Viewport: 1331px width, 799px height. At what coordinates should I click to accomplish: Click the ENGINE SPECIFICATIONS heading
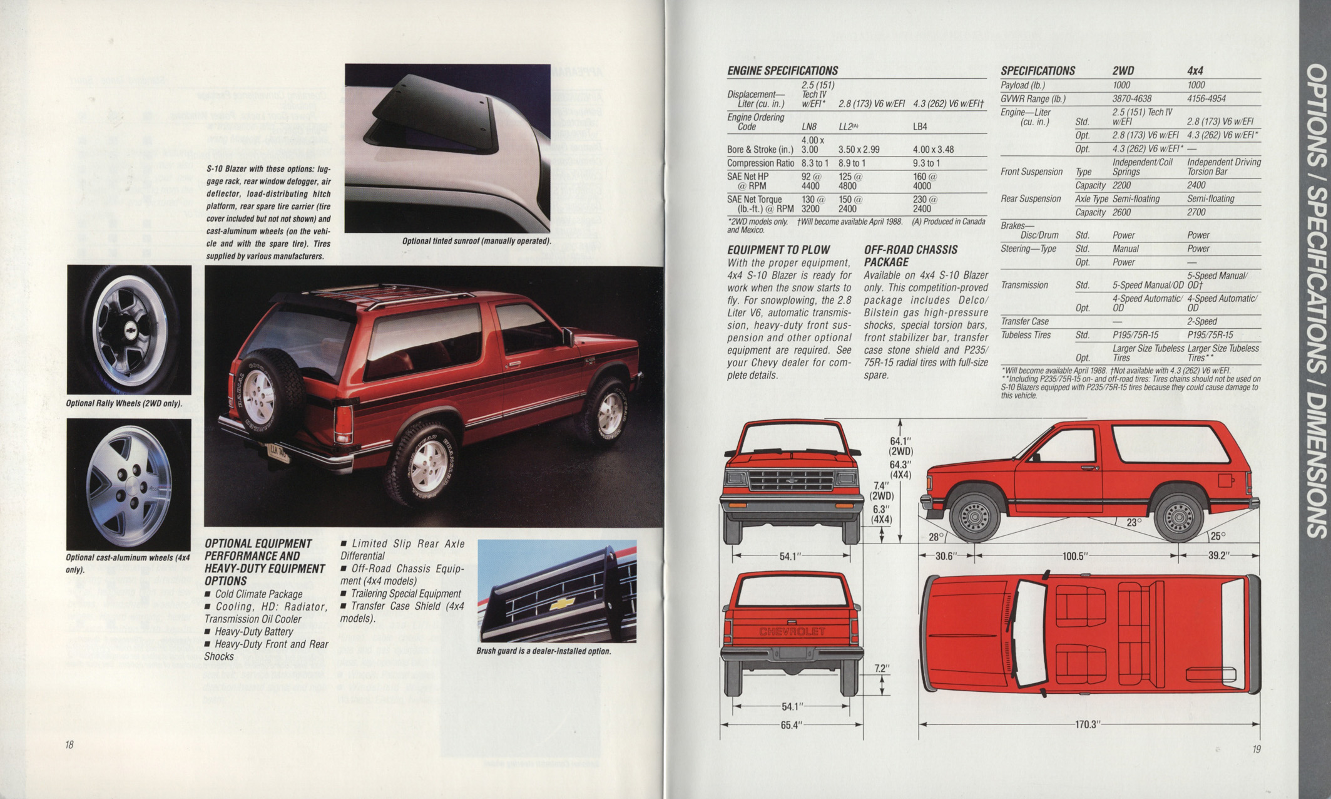coord(782,71)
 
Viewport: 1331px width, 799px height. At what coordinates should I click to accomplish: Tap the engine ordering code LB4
coord(920,126)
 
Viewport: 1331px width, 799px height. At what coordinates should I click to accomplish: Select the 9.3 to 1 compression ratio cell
coord(926,163)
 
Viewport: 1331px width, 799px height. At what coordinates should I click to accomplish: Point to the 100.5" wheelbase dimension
coord(1076,555)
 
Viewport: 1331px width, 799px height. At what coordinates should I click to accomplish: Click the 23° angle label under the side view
coord(1134,522)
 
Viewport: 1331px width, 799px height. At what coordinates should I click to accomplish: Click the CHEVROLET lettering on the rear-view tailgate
coord(792,631)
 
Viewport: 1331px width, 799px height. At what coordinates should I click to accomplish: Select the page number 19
coord(1257,749)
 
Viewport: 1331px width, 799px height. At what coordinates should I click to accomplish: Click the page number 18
coord(69,745)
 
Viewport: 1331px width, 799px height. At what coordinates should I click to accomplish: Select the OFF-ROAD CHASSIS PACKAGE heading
coord(910,256)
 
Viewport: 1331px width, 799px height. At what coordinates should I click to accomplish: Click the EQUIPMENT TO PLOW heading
coord(778,250)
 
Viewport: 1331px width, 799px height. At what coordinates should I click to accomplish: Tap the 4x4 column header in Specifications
coord(1195,71)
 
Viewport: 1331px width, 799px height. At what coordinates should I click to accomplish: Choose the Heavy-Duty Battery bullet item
coord(248,631)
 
